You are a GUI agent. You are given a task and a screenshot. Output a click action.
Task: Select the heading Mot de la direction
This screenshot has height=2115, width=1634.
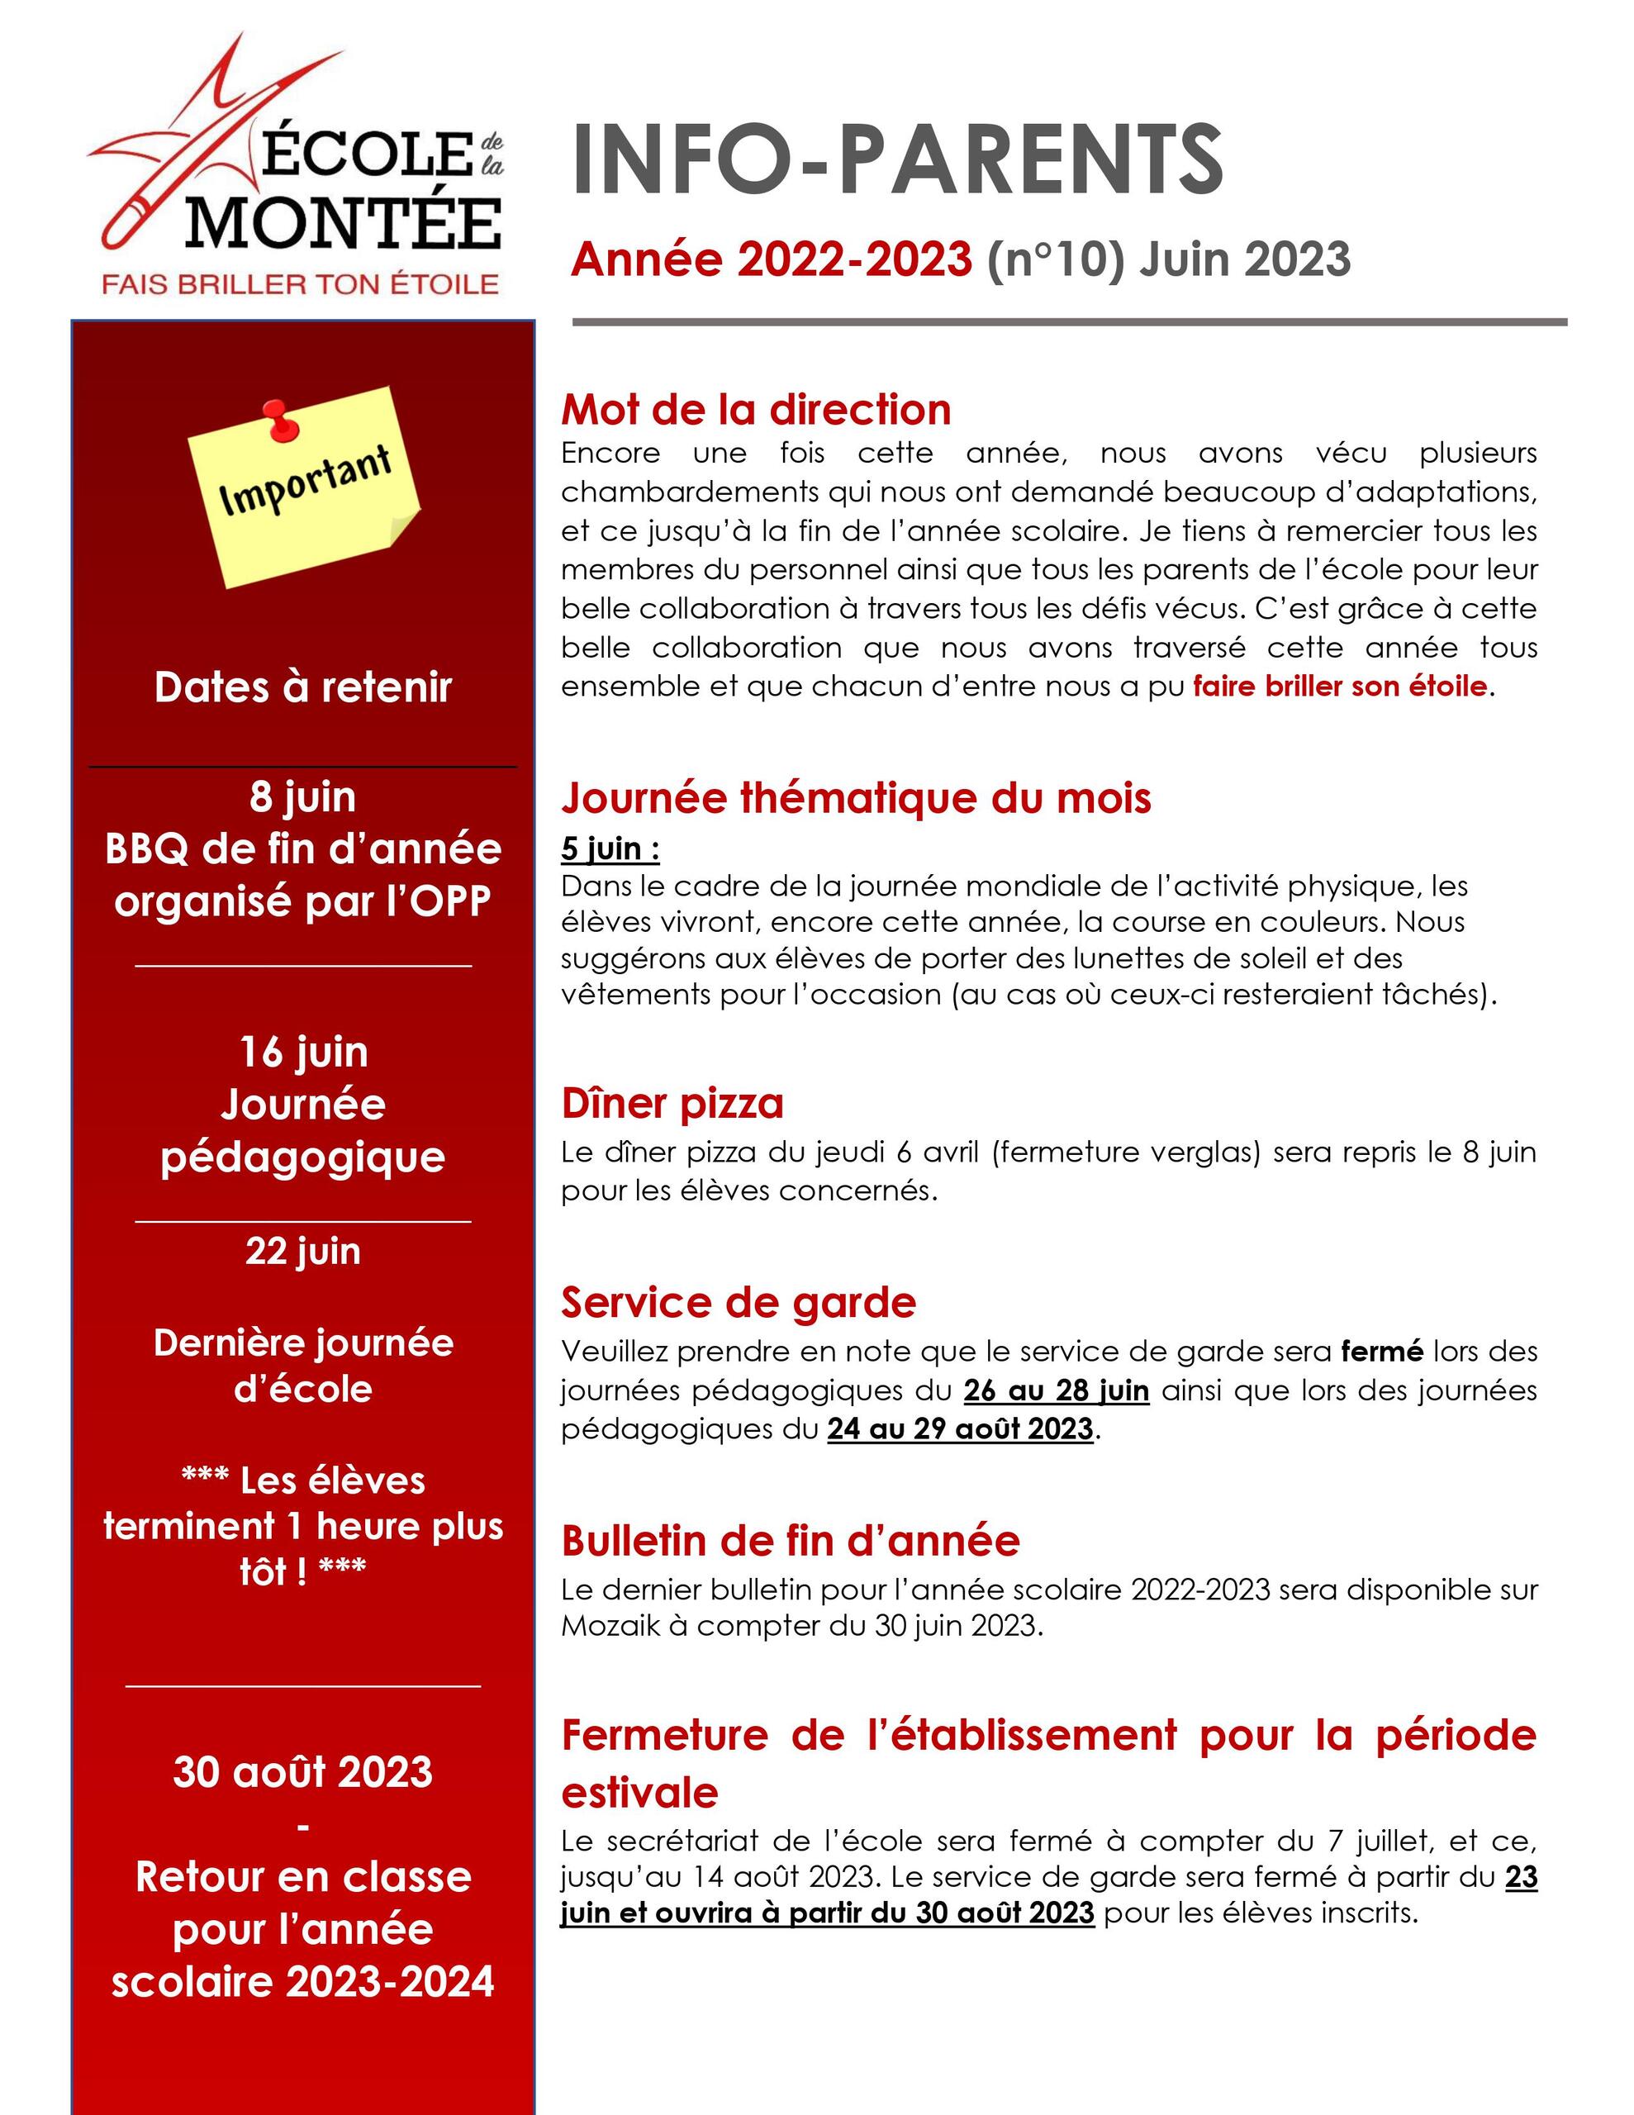click(x=756, y=410)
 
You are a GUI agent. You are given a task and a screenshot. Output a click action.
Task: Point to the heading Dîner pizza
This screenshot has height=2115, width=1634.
click(x=672, y=1103)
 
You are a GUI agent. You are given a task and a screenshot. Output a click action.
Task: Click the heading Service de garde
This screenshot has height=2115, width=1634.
click(x=738, y=1303)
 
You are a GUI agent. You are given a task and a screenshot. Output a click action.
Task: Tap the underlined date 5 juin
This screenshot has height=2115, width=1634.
click(x=610, y=848)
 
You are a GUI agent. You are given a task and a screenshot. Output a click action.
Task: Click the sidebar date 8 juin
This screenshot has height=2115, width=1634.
click(x=303, y=797)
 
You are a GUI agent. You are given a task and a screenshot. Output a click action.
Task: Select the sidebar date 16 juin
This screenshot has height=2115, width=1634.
click(x=303, y=1052)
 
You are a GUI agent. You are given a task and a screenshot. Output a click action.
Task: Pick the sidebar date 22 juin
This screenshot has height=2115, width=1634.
click(x=303, y=1250)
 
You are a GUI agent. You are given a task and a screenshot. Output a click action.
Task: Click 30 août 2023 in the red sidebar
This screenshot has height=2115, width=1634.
click(x=303, y=1772)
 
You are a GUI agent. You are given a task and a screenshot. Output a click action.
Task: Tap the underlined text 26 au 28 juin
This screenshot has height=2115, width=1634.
click(x=1056, y=1390)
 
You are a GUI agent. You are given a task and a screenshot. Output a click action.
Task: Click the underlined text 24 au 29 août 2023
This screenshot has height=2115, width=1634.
click(x=960, y=1429)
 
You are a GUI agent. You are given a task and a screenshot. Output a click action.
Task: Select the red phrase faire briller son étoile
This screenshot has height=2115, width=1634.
click(x=1340, y=687)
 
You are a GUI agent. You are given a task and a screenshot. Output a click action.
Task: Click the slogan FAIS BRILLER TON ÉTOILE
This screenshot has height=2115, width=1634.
click(x=300, y=283)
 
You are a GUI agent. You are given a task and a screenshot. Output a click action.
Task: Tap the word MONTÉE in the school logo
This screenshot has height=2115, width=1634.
click(x=344, y=224)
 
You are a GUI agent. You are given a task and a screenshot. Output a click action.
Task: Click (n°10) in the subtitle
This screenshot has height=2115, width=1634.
click(x=1056, y=259)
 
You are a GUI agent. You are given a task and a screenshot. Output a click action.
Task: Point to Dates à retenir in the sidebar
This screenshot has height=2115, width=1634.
click(x=303, y=687)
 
